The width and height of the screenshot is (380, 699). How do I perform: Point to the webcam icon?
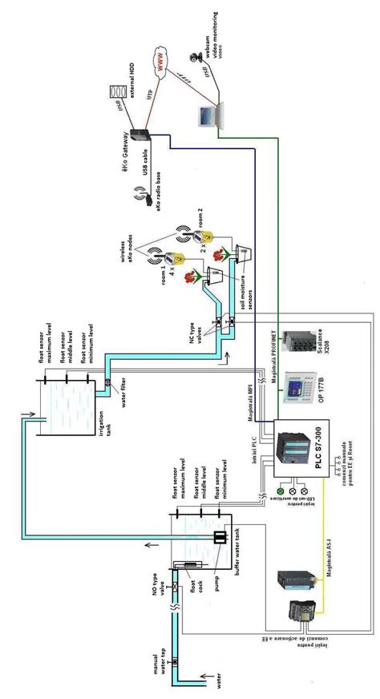pos(192,56)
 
